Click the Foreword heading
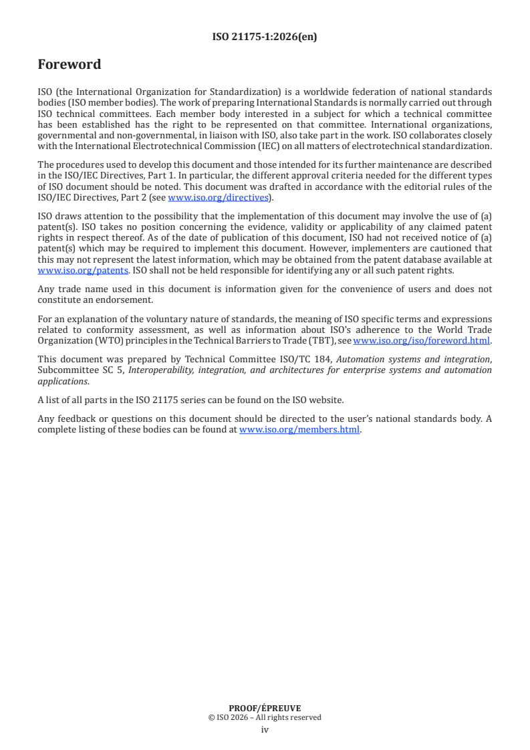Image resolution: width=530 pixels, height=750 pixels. [x=70, y=65]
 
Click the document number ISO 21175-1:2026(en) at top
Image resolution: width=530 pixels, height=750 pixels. [x=265, y=37]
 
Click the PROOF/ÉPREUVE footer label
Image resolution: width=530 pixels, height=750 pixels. [x=265, y=708]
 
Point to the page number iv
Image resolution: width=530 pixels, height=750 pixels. [x=265, y=729]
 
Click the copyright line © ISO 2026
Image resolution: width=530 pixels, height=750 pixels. [x=265, y=717]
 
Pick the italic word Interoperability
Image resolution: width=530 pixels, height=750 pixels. [x=159, y=370]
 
